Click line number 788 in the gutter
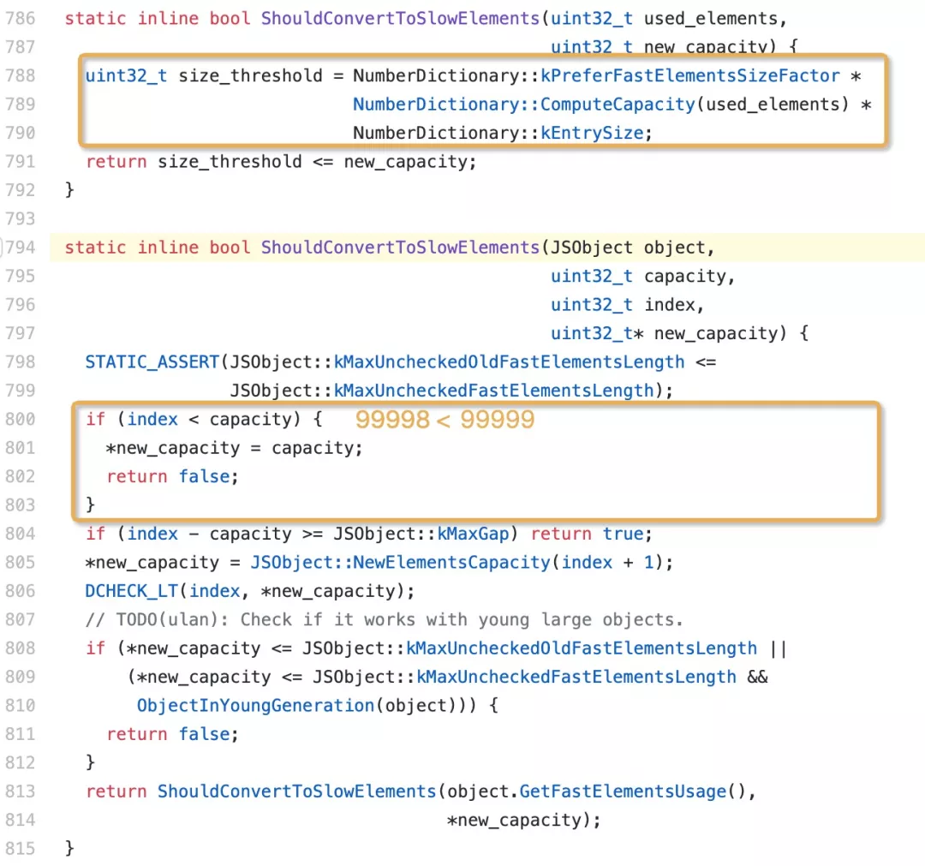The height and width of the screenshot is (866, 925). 20,75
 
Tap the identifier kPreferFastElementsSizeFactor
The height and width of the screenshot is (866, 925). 690,75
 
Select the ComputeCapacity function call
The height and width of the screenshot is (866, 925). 618,105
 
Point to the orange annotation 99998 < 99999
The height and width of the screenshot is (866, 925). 445,420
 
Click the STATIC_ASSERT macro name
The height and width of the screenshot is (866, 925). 152,362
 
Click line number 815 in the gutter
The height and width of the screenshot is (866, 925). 20,849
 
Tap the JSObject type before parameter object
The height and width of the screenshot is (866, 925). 591,248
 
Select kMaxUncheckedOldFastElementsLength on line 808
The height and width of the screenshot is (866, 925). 582,648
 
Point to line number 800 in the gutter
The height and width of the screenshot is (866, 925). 20,419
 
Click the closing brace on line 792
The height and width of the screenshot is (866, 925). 70,190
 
